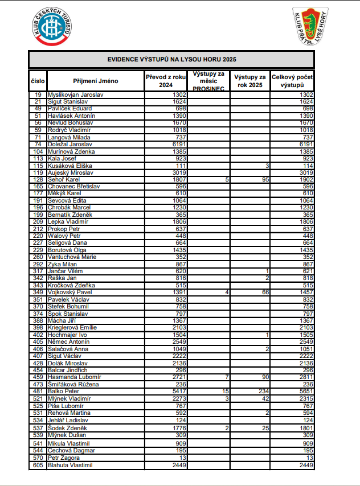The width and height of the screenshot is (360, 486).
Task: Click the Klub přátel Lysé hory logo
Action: (x=310, y=26)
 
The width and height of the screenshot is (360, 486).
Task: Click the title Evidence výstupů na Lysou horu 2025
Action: (x=171, y=59)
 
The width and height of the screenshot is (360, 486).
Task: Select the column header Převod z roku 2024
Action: (x=166, y=80)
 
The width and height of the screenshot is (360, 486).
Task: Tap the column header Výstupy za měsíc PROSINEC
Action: (x=208, y=80)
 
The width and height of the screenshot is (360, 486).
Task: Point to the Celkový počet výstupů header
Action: (x=292, y=80)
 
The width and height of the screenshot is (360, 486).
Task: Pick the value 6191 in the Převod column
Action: (x=180, y=145)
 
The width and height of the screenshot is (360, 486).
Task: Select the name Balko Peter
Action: (x=64, y=392)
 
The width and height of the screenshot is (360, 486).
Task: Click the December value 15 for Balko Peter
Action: (x=225, y=392)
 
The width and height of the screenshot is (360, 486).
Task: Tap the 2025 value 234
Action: (x=263, y=392)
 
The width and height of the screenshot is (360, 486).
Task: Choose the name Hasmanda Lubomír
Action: (x=75, y=377)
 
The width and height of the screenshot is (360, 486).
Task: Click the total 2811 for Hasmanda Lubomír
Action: (x=305, y=377)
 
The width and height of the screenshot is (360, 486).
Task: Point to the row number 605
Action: (x=38, y=465)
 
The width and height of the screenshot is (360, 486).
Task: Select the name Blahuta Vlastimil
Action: (x=71, y=465)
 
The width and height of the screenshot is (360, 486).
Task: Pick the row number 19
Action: (x=38, y=94)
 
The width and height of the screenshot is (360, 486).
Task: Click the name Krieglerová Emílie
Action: (x=72, y=328)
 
